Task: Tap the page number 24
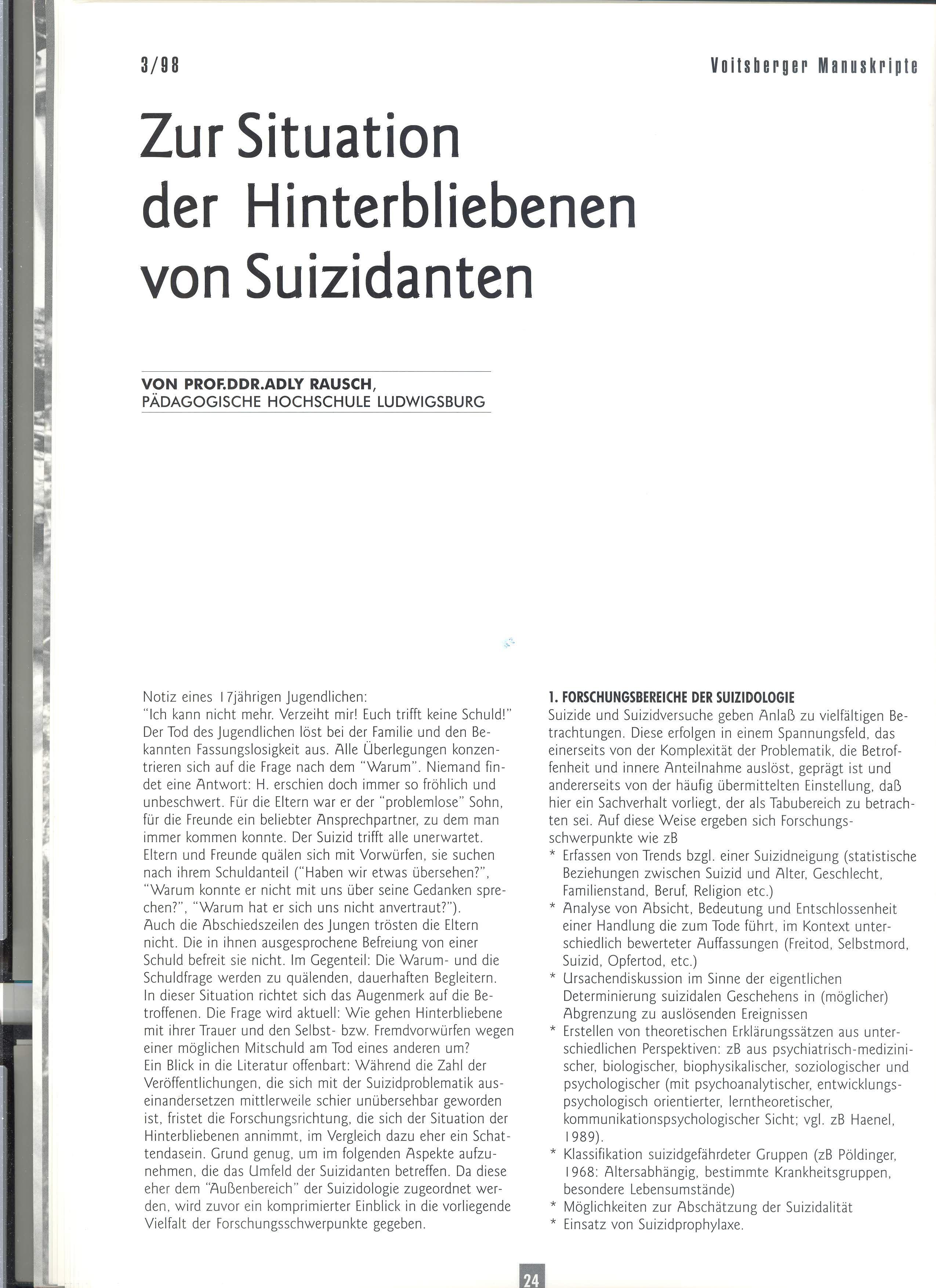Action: pos(531,1279)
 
